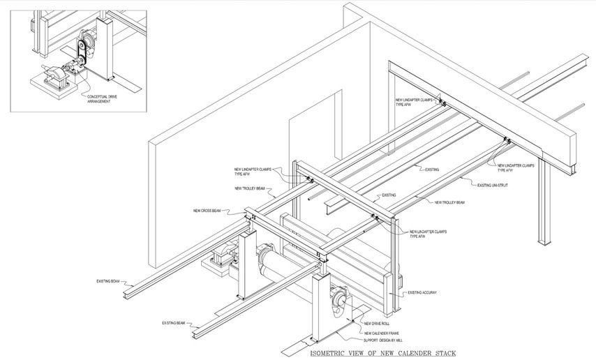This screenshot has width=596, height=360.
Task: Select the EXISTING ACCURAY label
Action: (x=422, y=292)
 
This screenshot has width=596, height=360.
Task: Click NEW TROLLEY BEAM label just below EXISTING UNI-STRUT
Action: (x=449, y=202)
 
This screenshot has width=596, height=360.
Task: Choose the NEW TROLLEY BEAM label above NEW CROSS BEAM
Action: (x=250, y=188)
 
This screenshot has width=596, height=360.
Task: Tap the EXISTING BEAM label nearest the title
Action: (x=173, y=323)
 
